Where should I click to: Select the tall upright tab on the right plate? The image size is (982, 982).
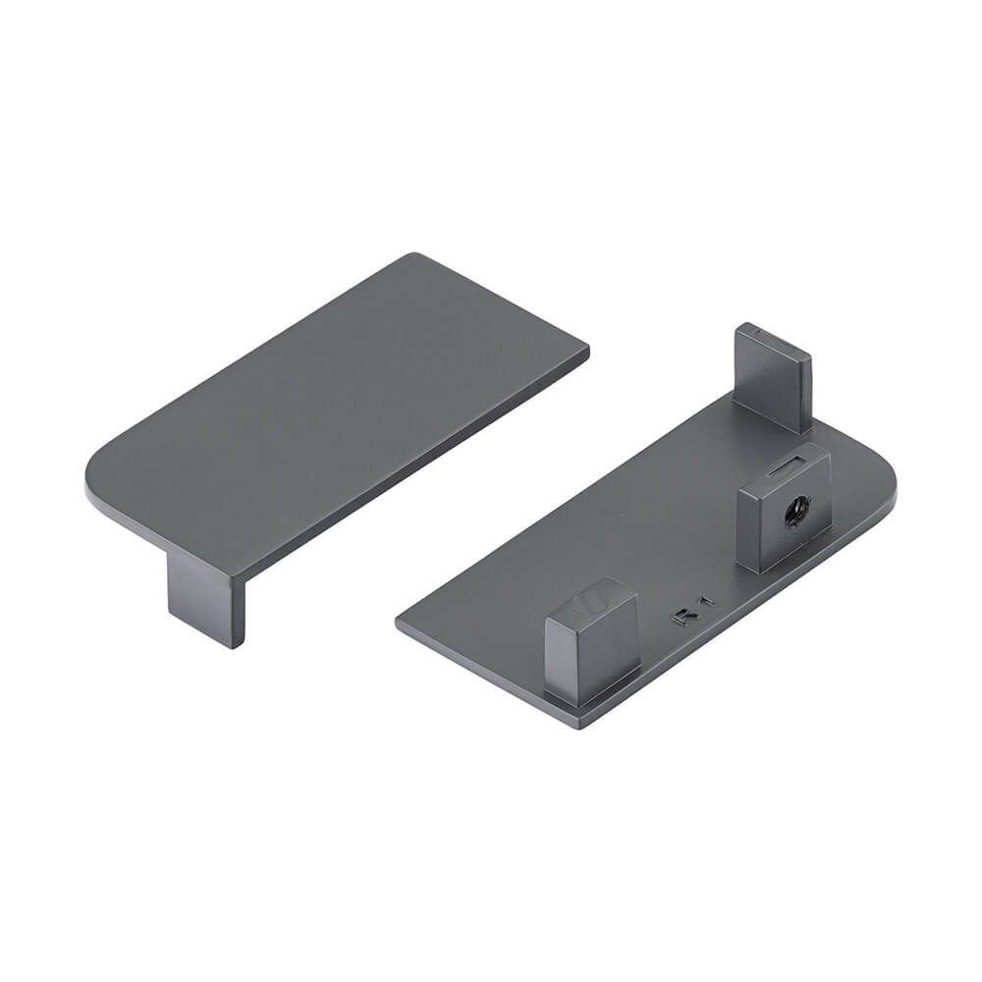tap(773, 378)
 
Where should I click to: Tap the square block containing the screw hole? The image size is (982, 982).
tap(784, 509)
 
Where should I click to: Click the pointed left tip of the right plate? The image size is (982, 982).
tap(399, 623)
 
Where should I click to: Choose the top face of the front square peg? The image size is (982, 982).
tap(591, 601)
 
